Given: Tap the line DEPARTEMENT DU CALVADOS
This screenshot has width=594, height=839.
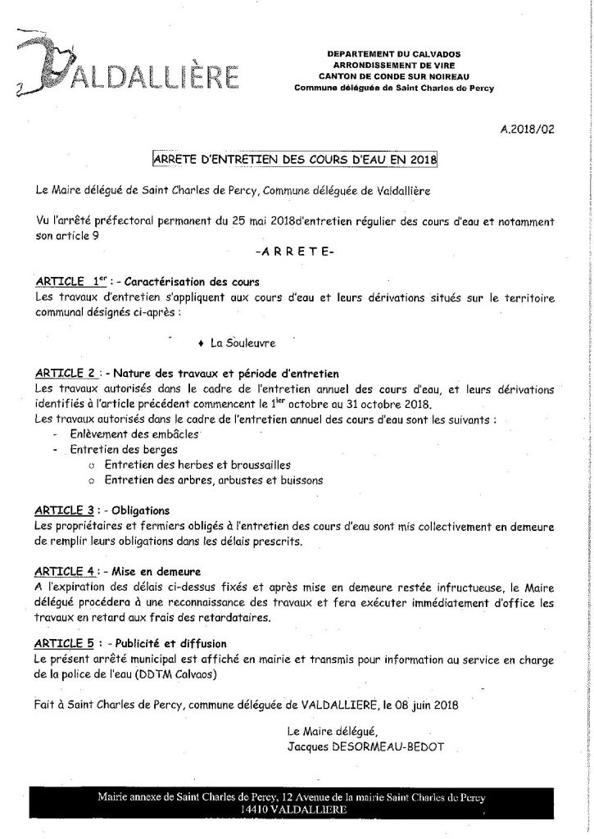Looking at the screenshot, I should point(397,53).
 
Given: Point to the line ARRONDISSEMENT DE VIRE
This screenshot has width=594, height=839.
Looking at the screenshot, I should point(397,63).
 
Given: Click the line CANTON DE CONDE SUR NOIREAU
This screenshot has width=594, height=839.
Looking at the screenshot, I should point(397,74).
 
